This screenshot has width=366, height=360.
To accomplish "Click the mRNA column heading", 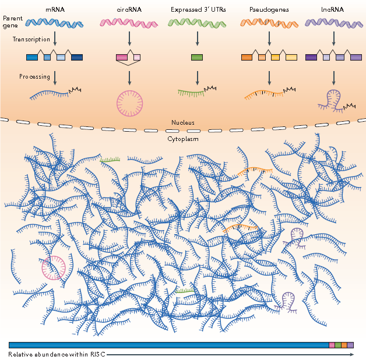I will (55, 9).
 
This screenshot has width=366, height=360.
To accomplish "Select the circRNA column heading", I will (128, 9).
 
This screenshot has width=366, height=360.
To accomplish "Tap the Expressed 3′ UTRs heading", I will (197, 9).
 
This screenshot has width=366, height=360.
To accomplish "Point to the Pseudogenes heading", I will (269, 9).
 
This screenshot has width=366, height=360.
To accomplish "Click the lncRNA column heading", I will (333, 9).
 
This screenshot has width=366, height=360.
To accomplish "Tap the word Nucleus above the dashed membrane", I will (182, 123).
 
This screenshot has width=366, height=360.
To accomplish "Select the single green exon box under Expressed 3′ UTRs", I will (197, 58).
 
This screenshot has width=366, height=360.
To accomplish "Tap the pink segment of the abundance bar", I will (332, 345).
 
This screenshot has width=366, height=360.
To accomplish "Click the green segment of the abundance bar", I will (338, 345).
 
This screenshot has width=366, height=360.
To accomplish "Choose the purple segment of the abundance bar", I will (350, 345).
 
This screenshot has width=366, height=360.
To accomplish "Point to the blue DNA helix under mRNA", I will (54, 23).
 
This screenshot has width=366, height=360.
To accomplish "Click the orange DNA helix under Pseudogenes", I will (269, 23).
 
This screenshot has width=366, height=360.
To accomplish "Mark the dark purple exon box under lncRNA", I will (311, 58).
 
